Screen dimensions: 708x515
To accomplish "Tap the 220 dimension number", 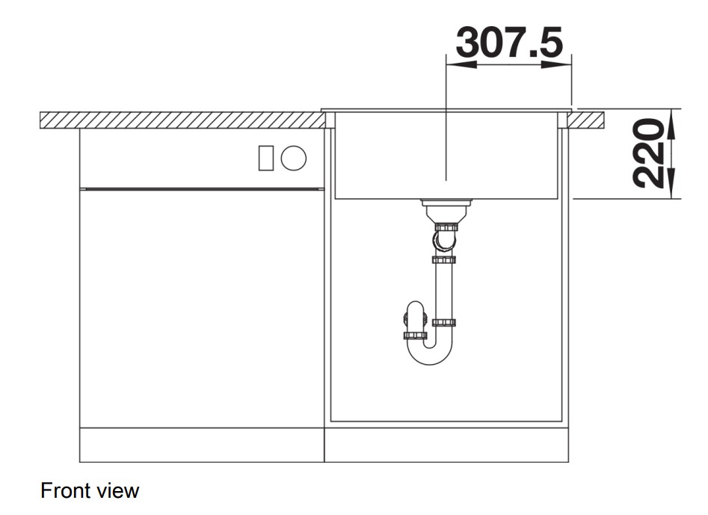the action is [x=648, y=153].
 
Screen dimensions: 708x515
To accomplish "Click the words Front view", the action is [x=90, y=490].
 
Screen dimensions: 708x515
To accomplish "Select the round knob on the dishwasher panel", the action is [x=294, y=158].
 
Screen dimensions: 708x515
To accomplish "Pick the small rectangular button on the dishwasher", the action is [x=266, y=158].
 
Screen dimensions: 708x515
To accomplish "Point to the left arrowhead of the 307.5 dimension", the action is [x=461, y=64].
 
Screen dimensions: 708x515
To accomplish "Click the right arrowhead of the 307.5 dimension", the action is [x=556, y=64].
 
